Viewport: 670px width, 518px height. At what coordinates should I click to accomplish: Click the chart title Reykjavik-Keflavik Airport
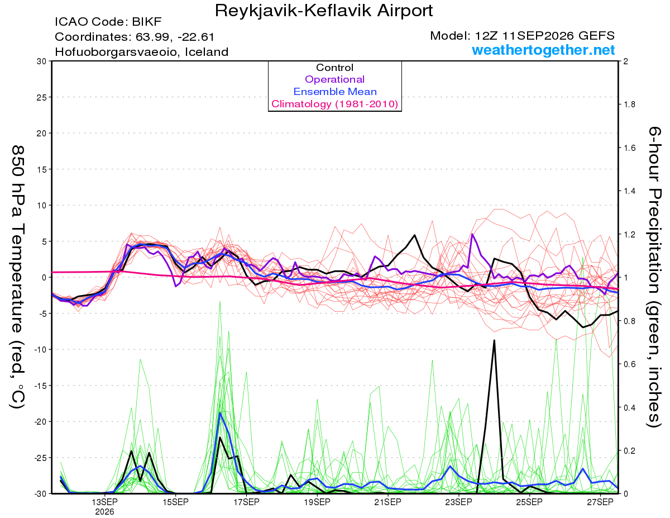324,11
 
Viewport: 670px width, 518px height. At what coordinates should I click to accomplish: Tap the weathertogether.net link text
543,50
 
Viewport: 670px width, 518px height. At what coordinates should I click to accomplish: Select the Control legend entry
334,68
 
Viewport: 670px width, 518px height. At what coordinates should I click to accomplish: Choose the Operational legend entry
334,79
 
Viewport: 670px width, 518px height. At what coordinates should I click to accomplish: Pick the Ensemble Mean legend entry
335,92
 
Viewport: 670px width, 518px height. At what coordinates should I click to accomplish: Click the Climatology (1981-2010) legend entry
334,104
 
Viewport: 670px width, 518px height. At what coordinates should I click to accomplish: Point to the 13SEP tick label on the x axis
104,502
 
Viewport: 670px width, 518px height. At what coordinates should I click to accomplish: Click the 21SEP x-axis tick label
388,502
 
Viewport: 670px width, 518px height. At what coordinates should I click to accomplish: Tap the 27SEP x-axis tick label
600,502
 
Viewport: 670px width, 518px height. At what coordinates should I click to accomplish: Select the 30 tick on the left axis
42,61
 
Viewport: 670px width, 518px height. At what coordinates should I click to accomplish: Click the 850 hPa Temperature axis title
18,277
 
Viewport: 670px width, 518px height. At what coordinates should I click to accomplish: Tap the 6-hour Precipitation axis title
654,277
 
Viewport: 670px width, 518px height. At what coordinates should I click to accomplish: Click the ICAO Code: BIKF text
108,22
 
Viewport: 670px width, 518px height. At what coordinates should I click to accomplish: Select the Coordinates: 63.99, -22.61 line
135,37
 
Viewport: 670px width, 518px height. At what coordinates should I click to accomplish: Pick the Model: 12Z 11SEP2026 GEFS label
522,36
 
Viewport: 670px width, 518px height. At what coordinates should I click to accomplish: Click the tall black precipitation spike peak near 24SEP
494,341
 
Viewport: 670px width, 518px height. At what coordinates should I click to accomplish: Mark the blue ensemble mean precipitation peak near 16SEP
220,413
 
